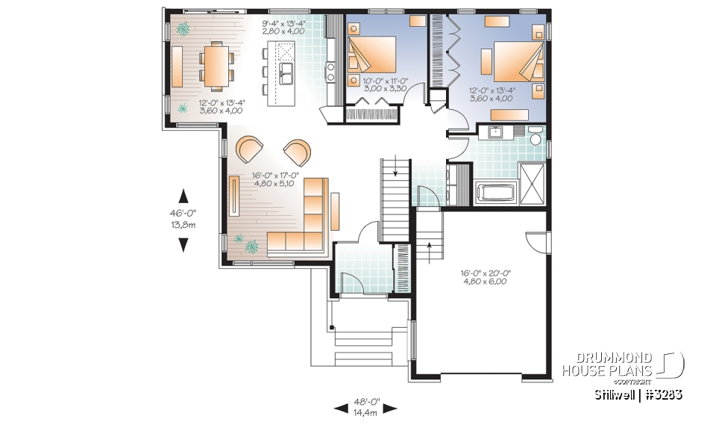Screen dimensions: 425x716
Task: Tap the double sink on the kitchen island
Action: click(x=286, y=72)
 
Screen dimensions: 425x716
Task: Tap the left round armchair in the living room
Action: click(x=248, y=149)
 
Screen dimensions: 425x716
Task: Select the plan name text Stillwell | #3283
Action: click(x=638, y=394)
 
